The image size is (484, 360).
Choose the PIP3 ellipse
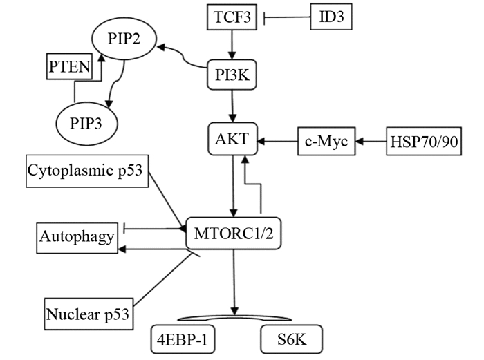click(x=85, y=124)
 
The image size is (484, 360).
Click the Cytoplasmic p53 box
click(x=86, y=171)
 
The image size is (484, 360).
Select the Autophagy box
click(x=77, y=238)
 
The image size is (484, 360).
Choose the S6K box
click(x=291, y=340)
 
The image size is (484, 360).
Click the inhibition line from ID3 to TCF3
click(x=287, y=17)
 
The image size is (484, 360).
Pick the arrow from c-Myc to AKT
click(x=277, y=141)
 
